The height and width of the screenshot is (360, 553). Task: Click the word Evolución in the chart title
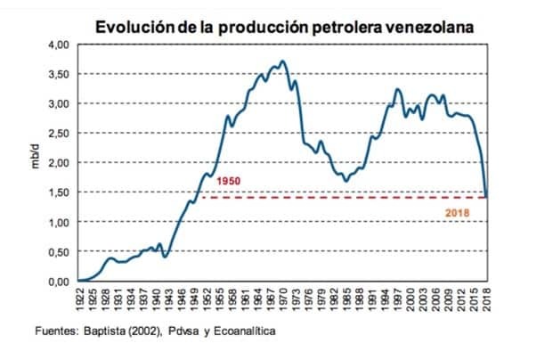pos(132,27)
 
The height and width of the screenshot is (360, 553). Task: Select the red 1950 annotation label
pos(229,181)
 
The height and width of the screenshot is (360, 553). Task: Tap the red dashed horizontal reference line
pos(338,198)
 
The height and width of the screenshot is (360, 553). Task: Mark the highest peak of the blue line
pos(282,61)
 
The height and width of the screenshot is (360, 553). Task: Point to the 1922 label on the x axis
pos(79,298)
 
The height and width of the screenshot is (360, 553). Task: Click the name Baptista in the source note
pos(114,332)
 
